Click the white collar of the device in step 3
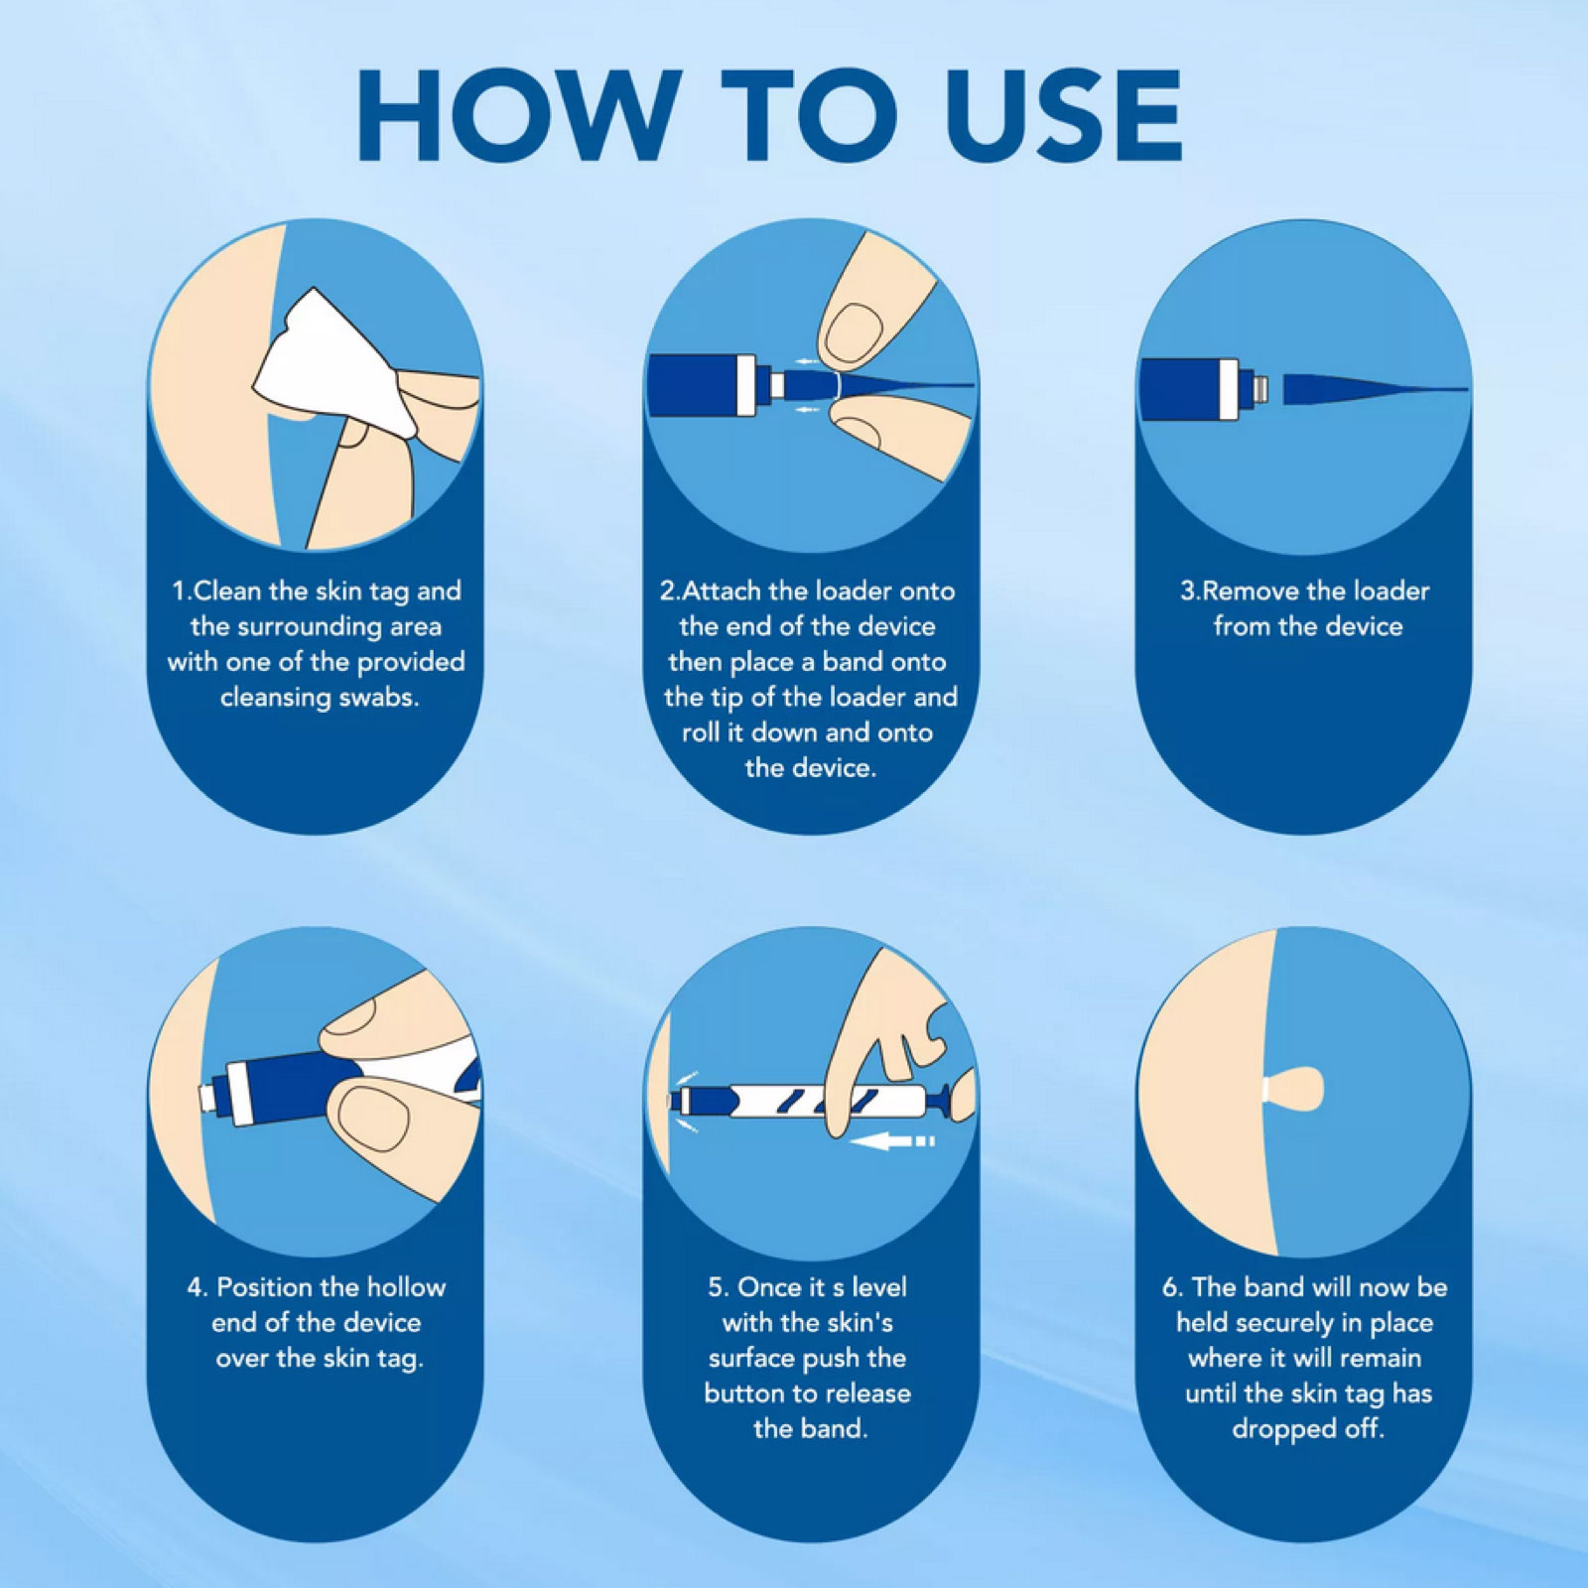click(x=1229, y=389)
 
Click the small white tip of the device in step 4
click(x=206, y=1097)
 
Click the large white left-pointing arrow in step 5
click(x=893, y=1141)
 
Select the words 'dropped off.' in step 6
click(x=1307, y=1429)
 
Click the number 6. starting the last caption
click(x=1172, y=1288)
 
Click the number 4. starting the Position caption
click(x=198, y=1288)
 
